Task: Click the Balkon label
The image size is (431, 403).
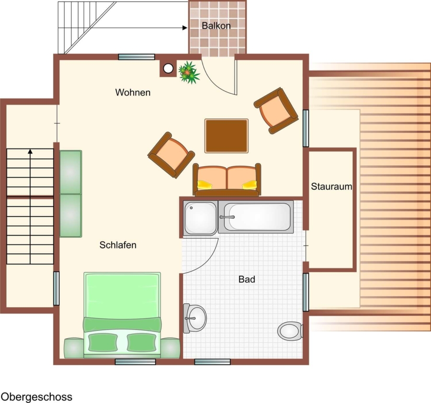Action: click(216, 25)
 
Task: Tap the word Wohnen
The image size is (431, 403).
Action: click(133, 92)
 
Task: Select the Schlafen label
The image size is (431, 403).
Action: click(118, 245)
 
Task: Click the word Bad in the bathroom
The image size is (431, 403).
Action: click(247, 279)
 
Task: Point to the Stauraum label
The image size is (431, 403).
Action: click(331, 186)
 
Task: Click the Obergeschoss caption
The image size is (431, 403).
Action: click(36, 397)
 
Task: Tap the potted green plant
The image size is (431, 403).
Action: click(189, 72)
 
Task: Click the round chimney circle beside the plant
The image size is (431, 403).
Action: click(168, 68)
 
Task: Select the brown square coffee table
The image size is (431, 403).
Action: click(227, 136)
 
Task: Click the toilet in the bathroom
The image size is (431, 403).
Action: click(290, 331)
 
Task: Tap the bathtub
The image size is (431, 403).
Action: click(256, 217)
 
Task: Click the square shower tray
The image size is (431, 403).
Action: click(200, 218)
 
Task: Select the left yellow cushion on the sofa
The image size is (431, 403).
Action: click(204, 184)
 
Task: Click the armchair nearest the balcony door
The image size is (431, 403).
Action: click(276, 111)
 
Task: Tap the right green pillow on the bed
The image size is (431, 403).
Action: click(142, 342)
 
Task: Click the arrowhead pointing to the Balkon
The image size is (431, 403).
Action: click(185, 28)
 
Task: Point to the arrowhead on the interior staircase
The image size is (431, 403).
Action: click(30, 151)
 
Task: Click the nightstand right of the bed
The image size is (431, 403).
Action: click(170, 348)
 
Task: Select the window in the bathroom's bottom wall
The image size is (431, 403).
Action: click(213, 362)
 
